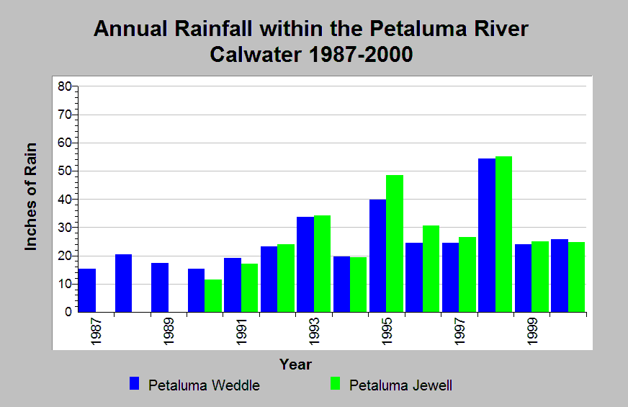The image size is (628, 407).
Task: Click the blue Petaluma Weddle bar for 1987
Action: pyautogui.click(x=87, y=290)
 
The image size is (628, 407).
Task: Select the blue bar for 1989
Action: pyautogui.click(x=160, y=287)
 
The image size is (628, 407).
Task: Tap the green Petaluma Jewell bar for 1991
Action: pyautogui.click(x=249, y=288)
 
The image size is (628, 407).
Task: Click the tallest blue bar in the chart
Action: pyautogui.click(x=486, y=235)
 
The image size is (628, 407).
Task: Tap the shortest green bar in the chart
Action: pyautogui.click(x=213, y=296)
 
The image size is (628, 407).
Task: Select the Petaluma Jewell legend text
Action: pyautogui.click(x=400, y=385)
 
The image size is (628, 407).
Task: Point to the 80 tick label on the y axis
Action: pyautogui.click(x=65, y=86)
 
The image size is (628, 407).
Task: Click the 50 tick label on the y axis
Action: pyautogui.click(x=65, y=171)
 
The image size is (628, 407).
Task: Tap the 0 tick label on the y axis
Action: pyautogui.click(x=68, y=313)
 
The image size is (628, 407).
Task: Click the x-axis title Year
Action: pyautogui.click(x=295, y=364)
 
